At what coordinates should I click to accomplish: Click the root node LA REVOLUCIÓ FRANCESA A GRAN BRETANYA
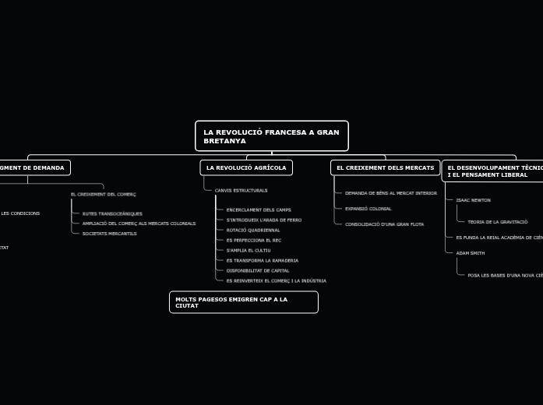(x=271, y=136)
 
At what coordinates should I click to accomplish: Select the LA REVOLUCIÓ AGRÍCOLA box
(x=246, y=167)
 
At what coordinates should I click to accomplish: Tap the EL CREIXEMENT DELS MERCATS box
(x=386, y=167)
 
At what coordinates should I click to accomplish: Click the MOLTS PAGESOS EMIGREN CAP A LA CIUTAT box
(x=243, y=302)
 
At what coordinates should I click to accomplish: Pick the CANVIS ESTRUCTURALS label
(x=241, y=190)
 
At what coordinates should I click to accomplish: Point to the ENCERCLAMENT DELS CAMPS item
(x=259, y=210)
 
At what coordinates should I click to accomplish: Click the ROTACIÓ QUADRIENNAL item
(x=253, y=230)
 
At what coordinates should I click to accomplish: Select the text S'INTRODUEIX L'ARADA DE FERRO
(x=263, y=220)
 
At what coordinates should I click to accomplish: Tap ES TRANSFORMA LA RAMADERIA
(x=262, y=260)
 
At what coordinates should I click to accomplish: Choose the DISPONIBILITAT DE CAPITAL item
(x=258, y=270)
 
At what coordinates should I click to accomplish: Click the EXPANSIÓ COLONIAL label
(x=368, y=209)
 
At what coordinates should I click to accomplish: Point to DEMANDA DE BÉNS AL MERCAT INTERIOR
(x=391, y=192)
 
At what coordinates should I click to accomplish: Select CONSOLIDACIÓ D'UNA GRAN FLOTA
(x=385, y=224)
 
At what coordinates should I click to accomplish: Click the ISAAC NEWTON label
(x=473, y=200)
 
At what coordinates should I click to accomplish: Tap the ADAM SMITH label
(x=470, y=253)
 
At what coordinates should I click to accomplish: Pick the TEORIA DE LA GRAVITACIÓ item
(x=498, y=222)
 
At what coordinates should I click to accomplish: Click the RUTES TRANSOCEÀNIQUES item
(x=112, y=213)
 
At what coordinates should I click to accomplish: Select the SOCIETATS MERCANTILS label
(x=109, y=234)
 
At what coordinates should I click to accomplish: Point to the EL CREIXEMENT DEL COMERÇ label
(x=103, y=194)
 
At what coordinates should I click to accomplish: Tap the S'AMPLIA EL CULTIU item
(x=249, y=250)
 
